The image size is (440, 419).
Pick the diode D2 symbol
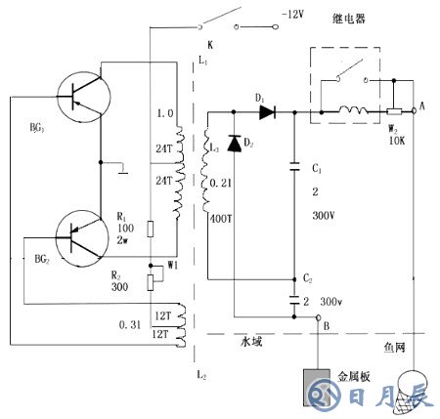tap(233, 144)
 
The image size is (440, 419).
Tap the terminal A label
tap(422, 105)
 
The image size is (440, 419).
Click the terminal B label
tap(328, 329)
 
